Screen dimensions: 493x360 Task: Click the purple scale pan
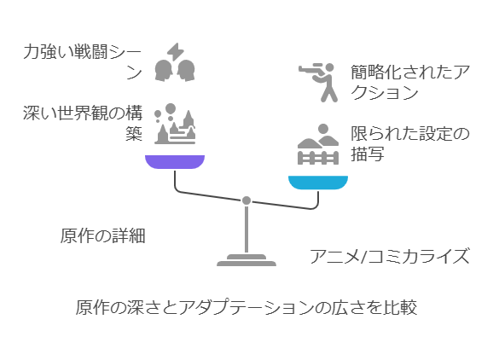click(175, 161)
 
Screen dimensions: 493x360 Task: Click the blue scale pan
click(318, 183)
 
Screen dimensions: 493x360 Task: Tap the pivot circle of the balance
click(246, 200)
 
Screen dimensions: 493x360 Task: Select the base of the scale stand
click(246, 260)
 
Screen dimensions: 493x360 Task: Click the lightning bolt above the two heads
click(176, 51)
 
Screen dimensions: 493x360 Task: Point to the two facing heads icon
click(175, 71)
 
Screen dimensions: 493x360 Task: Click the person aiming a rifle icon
click(318, 83)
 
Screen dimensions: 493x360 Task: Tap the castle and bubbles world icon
click(175, 124)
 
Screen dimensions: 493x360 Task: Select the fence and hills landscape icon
click(318, 144)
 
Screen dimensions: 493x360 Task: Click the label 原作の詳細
click(103, 235)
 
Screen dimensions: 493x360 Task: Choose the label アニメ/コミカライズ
click(390, 256)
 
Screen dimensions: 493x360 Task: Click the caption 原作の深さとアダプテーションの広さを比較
click(246, 307)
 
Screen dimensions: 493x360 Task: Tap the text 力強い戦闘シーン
click(83, 62)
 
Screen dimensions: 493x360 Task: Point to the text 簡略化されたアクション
click(410, 83)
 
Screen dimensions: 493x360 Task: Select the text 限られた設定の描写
click(410, 143)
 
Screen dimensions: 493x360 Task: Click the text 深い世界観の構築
click(83, 123)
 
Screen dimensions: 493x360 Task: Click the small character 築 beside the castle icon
click(134, 134)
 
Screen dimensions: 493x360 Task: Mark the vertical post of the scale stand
click(246, 229)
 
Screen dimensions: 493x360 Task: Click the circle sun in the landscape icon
click(323, 129)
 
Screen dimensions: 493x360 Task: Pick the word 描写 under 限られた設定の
click(368, 154)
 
